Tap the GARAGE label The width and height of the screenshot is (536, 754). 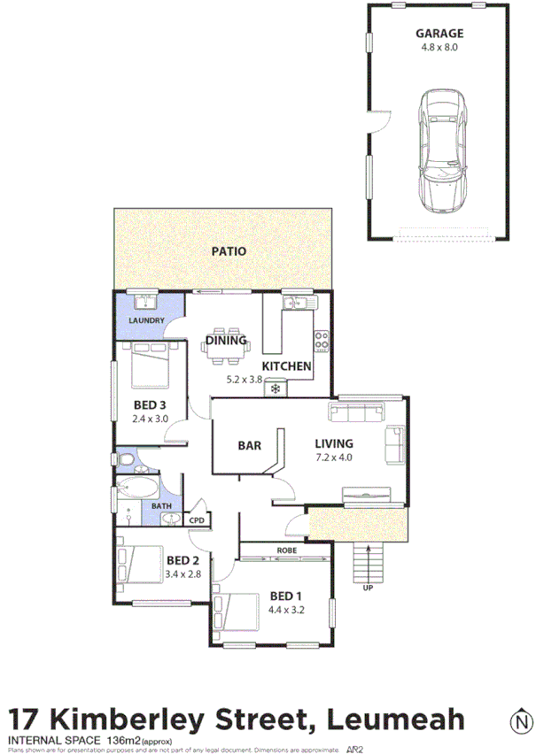coord(439,34)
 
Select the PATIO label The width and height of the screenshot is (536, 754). coord(229,251)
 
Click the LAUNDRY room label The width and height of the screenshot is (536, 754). coord(148,320)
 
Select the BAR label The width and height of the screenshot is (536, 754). coord(250,445)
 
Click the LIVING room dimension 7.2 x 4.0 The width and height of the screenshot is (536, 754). coord(334,458)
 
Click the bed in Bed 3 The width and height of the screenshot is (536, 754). coord(151,365)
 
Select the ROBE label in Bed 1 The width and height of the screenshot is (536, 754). coord(286,550)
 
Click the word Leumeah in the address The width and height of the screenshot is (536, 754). coord(398,719)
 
